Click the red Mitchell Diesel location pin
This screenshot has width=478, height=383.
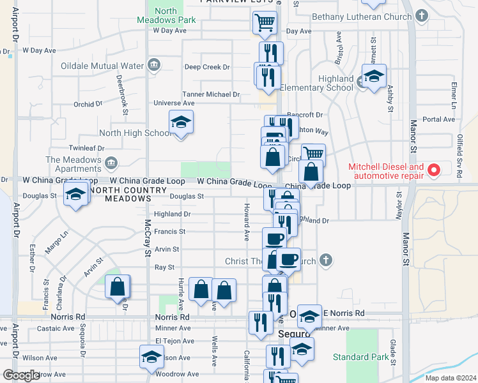click(434, 170)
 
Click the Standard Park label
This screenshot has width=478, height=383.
click(360, 357)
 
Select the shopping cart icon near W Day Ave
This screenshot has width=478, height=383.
click(265, 23)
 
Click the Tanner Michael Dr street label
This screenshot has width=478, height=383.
click(211, 94)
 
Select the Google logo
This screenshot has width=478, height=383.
click(21, 375)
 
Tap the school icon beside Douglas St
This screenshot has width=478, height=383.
click(75, 194)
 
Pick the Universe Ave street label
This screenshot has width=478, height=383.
click(174, 103)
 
